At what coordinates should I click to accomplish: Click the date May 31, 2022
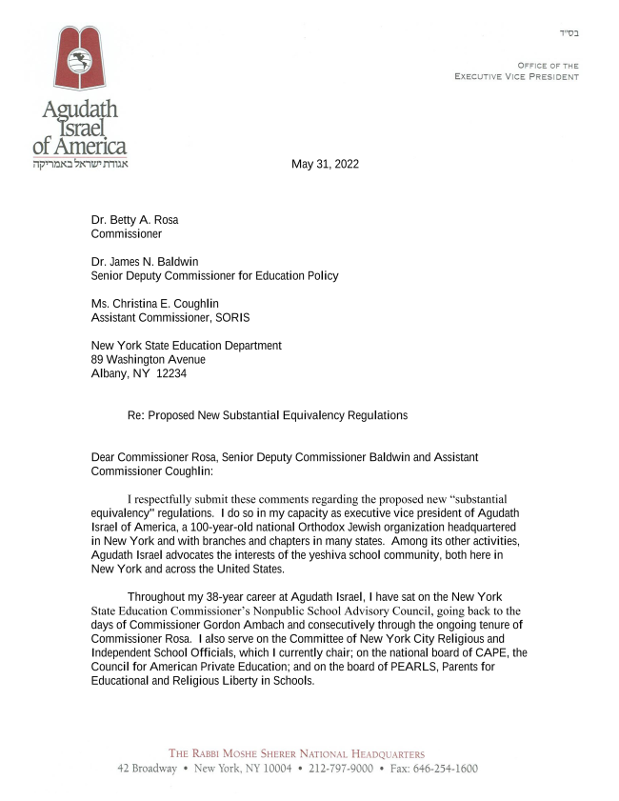[x=325, y=164]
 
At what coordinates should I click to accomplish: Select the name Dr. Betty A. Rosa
[x=134, y=220]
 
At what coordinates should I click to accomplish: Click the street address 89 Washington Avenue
[x=148, y=360]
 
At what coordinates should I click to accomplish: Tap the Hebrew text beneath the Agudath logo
[x=79, y=163]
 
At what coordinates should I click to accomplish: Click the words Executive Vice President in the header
[x=516, y=76]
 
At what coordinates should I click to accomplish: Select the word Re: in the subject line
[x=137, y=415]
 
